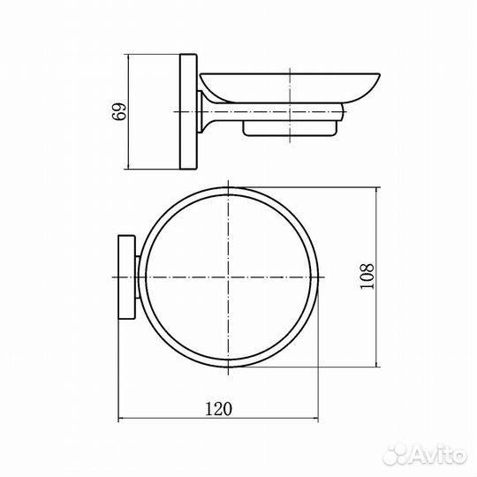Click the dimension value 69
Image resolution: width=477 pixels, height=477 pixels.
pyautogui.click(x=119, y=111)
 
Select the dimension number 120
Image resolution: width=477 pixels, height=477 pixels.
pyautogui.click(x=218, y=409)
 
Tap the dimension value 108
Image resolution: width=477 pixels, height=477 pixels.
pyautogui.click(x=367, y=276)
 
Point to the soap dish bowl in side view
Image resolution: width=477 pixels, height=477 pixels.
pyautogui.click(x=290, y=87)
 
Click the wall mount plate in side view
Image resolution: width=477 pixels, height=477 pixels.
pyautogui.click(x=188, y=111)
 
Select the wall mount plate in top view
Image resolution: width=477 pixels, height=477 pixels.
pyautogui.click(x=126, y=277)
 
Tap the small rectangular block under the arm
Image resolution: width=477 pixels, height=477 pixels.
pyautogui.click(x=290, y=129)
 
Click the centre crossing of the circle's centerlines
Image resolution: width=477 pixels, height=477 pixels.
pyautogui.click(x=228, y=277)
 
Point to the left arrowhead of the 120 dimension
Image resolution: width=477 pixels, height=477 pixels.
pyautogui.click(x=120, y=419)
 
